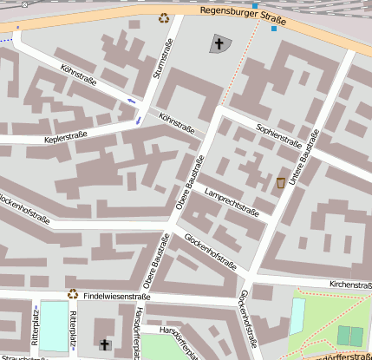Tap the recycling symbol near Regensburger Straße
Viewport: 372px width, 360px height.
pos(163,16)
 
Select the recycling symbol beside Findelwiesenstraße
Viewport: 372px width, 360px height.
pos(74,294)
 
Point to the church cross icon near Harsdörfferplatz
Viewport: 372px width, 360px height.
pos(105,344)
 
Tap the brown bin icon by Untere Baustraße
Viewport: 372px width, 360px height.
pos(281,183)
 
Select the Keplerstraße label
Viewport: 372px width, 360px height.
pos(42,139)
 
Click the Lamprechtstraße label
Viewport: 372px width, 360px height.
pos(232,200)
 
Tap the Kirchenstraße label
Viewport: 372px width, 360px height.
pos(350,284)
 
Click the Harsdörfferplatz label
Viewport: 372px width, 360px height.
pos(137,333)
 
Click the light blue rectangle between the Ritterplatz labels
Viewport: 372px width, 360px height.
pos(53,325)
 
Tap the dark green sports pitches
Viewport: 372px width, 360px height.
pos(350,336)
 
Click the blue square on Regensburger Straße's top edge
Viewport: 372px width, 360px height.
pos(254,5)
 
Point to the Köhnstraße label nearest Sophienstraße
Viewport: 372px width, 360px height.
pos(177,124)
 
